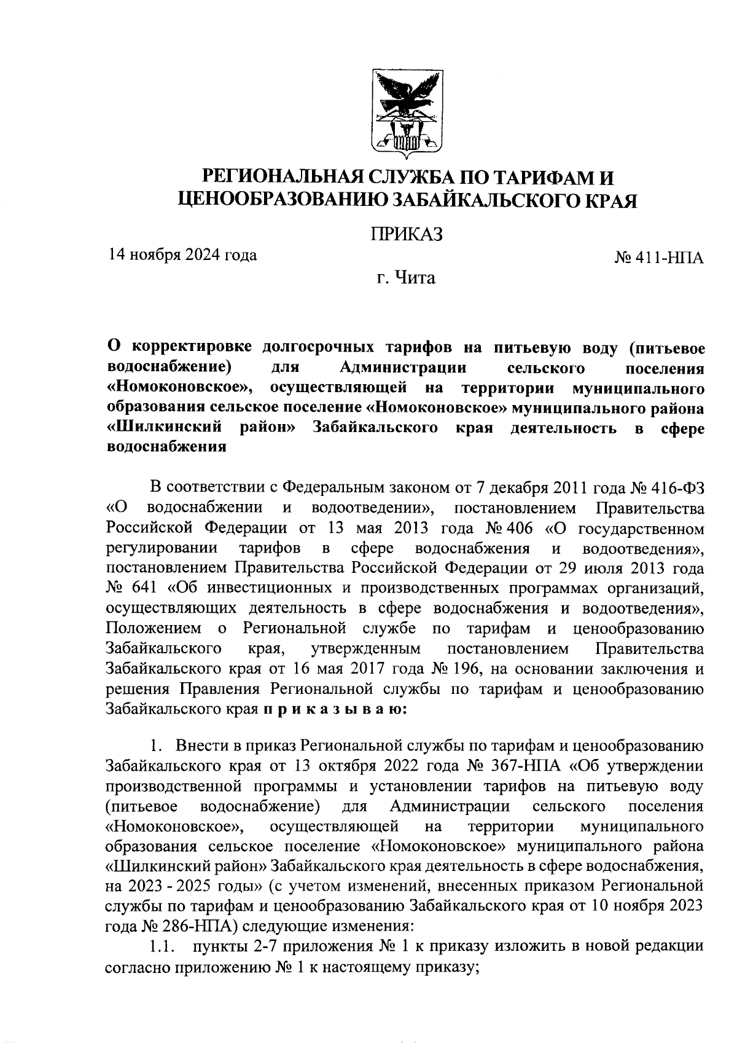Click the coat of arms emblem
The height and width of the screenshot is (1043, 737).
(408, 112)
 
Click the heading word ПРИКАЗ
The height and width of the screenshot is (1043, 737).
(406, 234)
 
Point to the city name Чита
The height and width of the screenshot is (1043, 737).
(415, 278)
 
